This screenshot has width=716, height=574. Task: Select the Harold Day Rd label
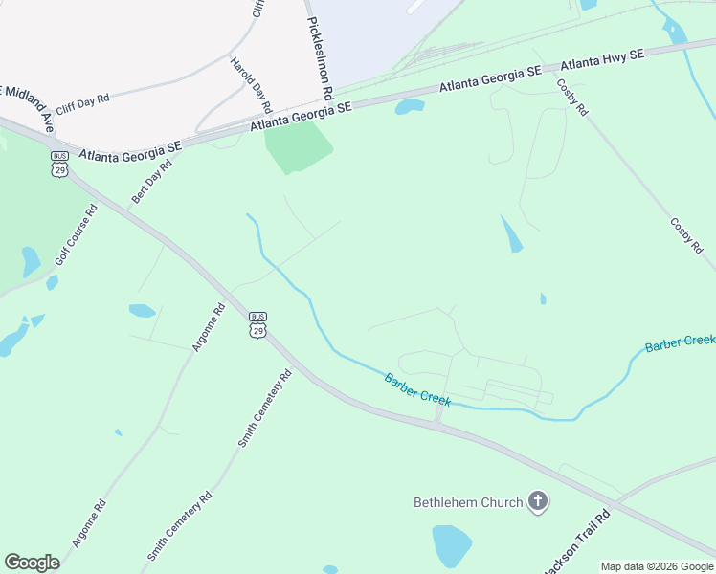pos(250,84)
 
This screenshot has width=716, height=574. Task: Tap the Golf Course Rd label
pos(77,235)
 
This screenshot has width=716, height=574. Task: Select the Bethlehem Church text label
pos(468,502)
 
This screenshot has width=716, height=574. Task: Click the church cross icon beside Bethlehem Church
pos(538,502)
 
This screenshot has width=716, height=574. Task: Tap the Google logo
pos(32,563)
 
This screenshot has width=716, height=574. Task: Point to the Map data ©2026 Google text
pos(657,566)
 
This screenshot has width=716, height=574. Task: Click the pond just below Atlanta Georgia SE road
pos(410,106)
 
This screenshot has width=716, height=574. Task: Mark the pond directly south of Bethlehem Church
pos(452,545)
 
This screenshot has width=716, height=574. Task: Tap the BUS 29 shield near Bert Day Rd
pos(60,162)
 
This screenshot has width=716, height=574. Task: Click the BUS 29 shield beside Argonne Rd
pos(257,323)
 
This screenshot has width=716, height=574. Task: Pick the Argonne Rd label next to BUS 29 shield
pos(208,327)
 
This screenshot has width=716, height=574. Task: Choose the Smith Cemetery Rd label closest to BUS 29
pos(264,408)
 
